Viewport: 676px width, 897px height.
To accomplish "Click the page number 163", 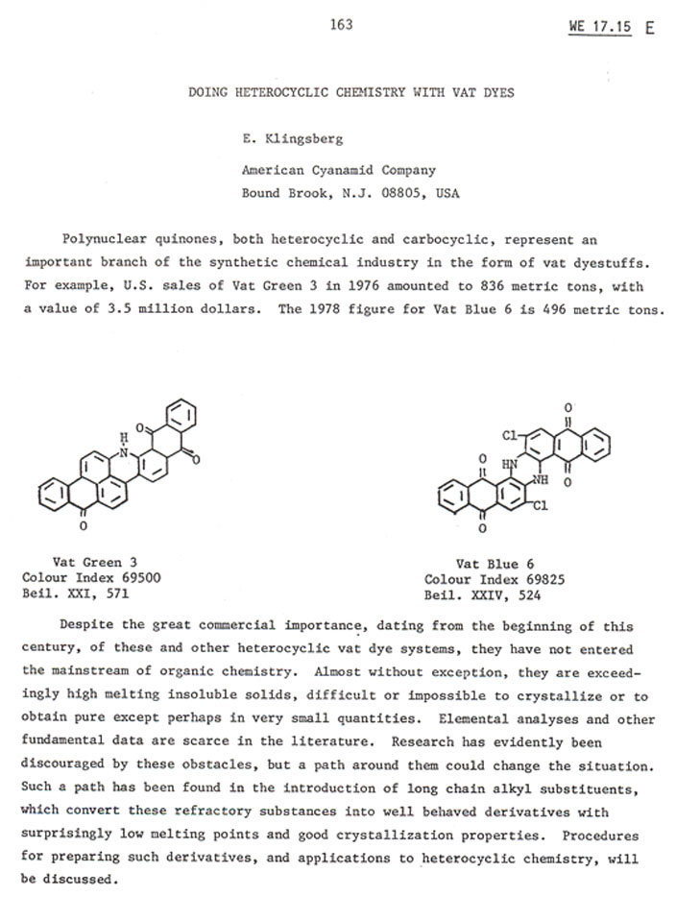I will tap(341, 25).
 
